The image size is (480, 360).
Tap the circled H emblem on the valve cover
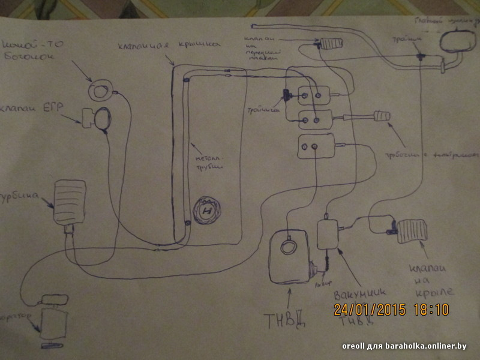click(x=207, y=212)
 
